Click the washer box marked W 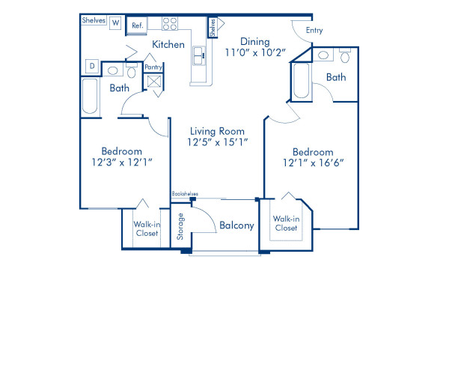[115, 22]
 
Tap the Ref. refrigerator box [137, 25]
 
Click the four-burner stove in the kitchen [170, 23]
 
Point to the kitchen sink [200, 55]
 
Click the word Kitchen [168, 45]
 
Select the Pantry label [153, 67]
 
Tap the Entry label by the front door [315, 30]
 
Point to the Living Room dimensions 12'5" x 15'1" [217, 142]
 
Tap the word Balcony [236, 225]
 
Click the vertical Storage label [180, 227]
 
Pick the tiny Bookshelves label [183, 193]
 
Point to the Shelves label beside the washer [93, 20]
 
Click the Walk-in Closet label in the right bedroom [286, 222]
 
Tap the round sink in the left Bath [113, 71]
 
